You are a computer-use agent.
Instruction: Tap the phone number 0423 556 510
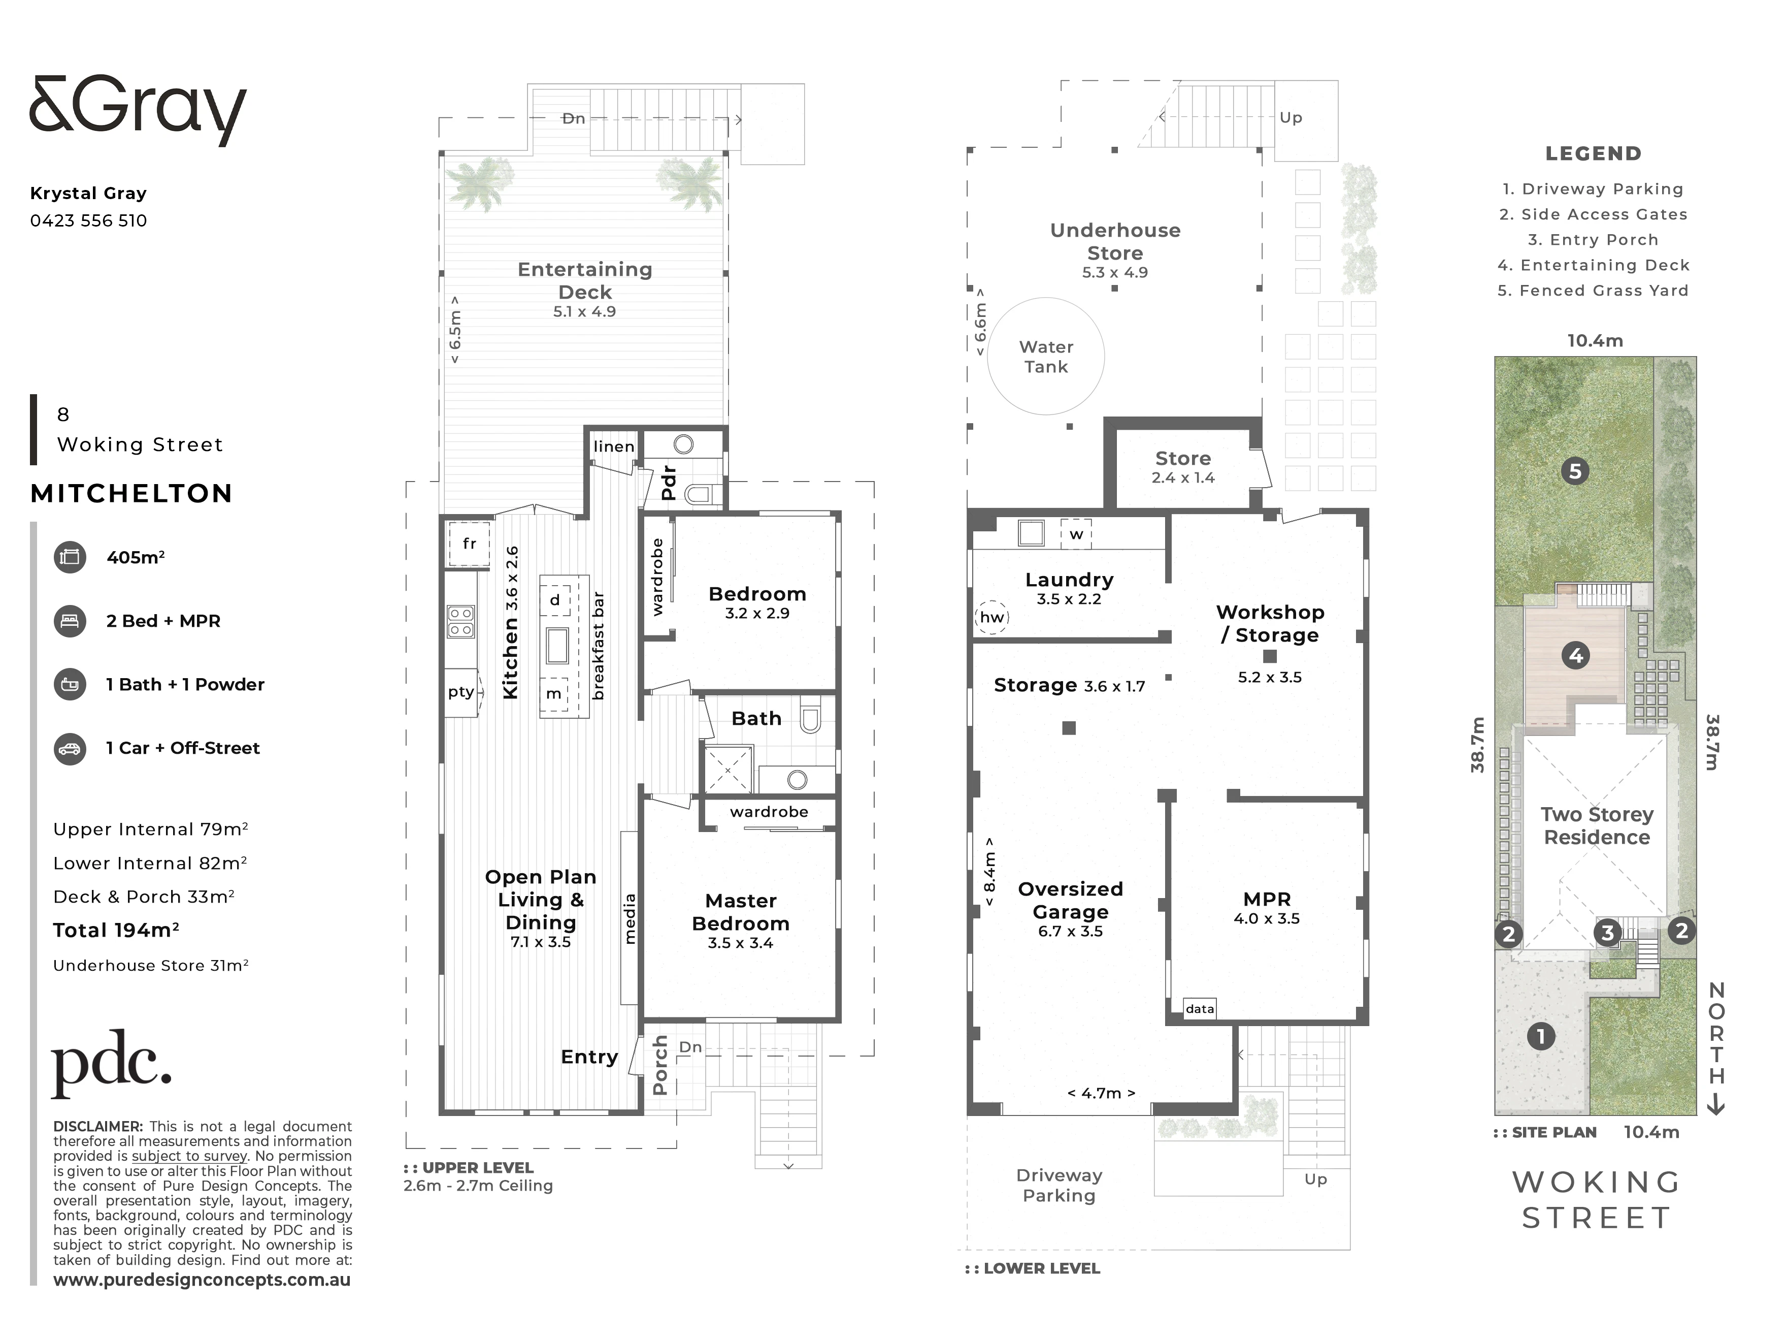(89, 220)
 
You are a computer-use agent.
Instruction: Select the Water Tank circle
(1046, 356)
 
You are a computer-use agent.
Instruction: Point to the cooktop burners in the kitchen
(461, 621)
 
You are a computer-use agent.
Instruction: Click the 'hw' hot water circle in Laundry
(991, 617)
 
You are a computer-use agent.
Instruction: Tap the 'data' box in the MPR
(1200, 1008)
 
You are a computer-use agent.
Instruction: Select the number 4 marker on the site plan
(1576, 655)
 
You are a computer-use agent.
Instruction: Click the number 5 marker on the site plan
(1574, 471)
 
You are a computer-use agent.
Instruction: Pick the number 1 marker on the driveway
(1541, 1036)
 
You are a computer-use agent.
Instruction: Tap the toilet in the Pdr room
(699, 494)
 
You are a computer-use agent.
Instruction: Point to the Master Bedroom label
(740, 912)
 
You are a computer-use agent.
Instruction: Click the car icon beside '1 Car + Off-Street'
(70, 749)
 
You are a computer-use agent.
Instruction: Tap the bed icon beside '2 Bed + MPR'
(70, 621)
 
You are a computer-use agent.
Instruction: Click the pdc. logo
(111, 1063)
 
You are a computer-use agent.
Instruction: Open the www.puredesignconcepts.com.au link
(202, 1280)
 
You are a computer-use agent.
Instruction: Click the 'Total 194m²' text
(116, 931)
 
